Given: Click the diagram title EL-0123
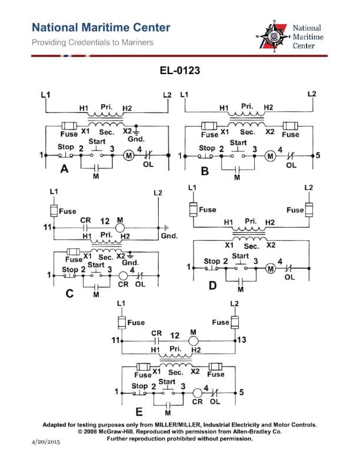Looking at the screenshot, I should (179, 71).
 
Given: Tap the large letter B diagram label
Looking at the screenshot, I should (205, 172).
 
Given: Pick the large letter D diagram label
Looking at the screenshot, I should (213, 285).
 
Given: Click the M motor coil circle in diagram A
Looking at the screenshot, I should (128, 155).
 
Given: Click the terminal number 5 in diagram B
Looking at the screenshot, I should (318, 156).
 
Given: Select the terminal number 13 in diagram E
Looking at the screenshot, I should (242, 340).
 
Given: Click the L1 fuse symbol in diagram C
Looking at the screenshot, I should (54, 211).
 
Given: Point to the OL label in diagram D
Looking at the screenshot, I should (289, 278).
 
